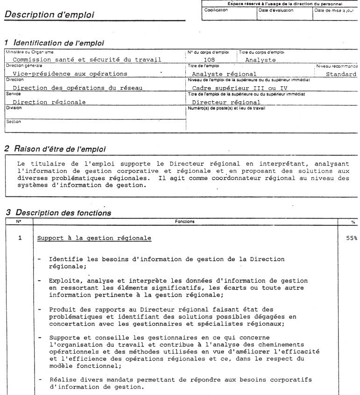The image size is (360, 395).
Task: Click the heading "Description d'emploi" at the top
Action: pos(49,15)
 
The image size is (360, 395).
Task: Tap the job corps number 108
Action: pos(210,60)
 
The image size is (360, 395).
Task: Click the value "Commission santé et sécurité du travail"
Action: pos(87,60)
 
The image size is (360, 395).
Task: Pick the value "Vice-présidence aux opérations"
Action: pos(70,74)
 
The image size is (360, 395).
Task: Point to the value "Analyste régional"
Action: pos(224,74)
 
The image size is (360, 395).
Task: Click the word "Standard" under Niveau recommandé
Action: pos(341,74)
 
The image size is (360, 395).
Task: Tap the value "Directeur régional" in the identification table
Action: pos(226,102)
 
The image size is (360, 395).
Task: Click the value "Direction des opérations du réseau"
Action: pos(77,88)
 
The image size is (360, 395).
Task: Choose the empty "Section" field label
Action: pos(13,122)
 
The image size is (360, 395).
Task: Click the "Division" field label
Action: pos(14,108)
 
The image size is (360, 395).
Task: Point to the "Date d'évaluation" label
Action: pos(276,10)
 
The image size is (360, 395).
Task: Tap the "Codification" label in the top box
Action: pos(216,10)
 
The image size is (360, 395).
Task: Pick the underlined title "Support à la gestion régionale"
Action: pos(94,238)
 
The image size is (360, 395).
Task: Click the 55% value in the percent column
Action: pos(351,238)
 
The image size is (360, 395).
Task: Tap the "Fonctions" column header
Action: pos(184,221)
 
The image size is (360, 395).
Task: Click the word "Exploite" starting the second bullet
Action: pos(64,281)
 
